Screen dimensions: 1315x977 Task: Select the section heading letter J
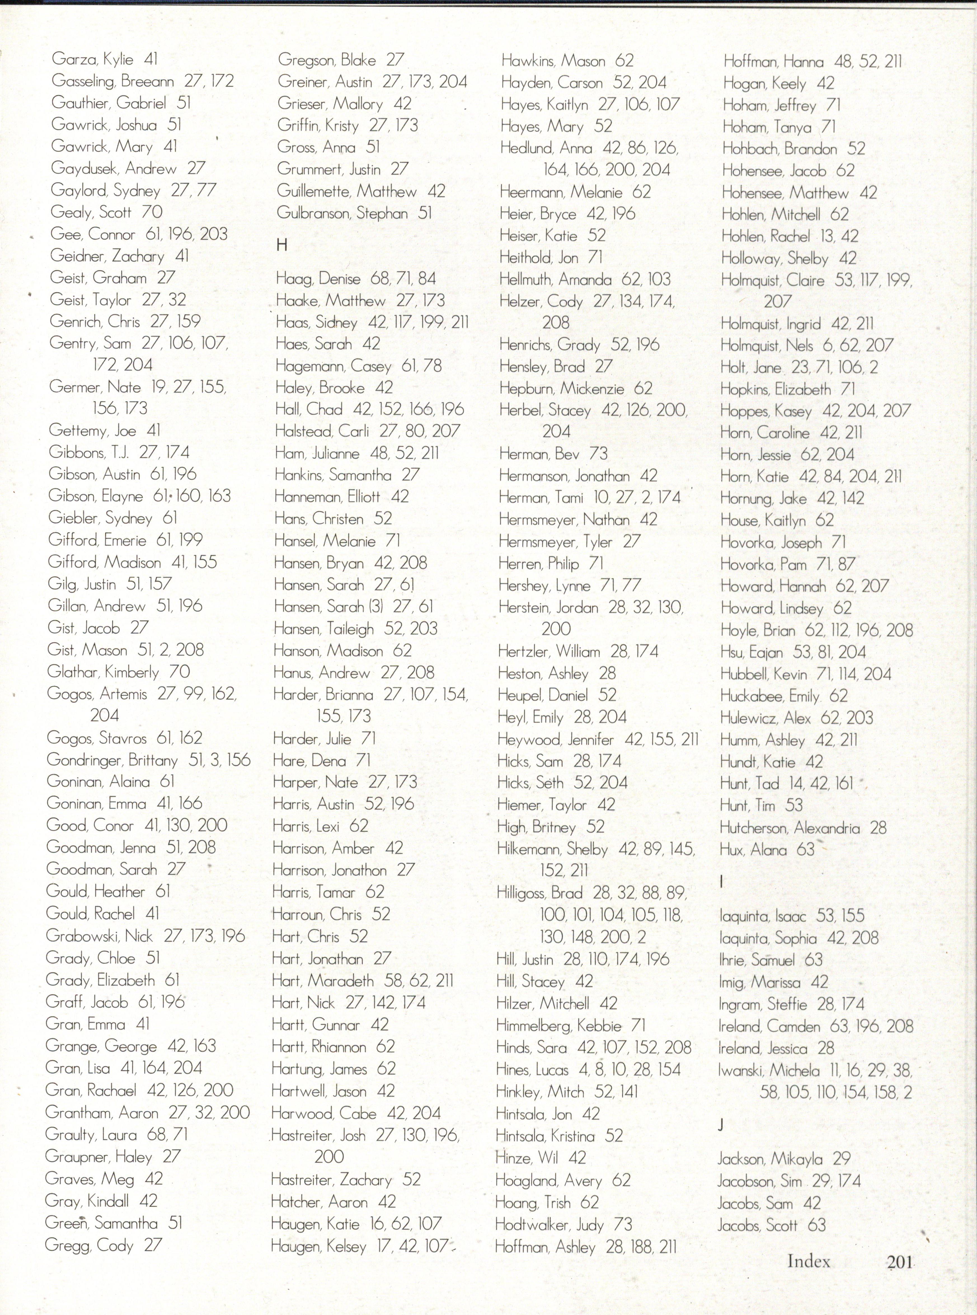721,1125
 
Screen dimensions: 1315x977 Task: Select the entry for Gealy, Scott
90,212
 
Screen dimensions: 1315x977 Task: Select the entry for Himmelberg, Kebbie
559,1025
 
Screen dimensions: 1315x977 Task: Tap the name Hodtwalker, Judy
549,1224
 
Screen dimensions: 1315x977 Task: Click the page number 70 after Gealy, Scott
152,212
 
